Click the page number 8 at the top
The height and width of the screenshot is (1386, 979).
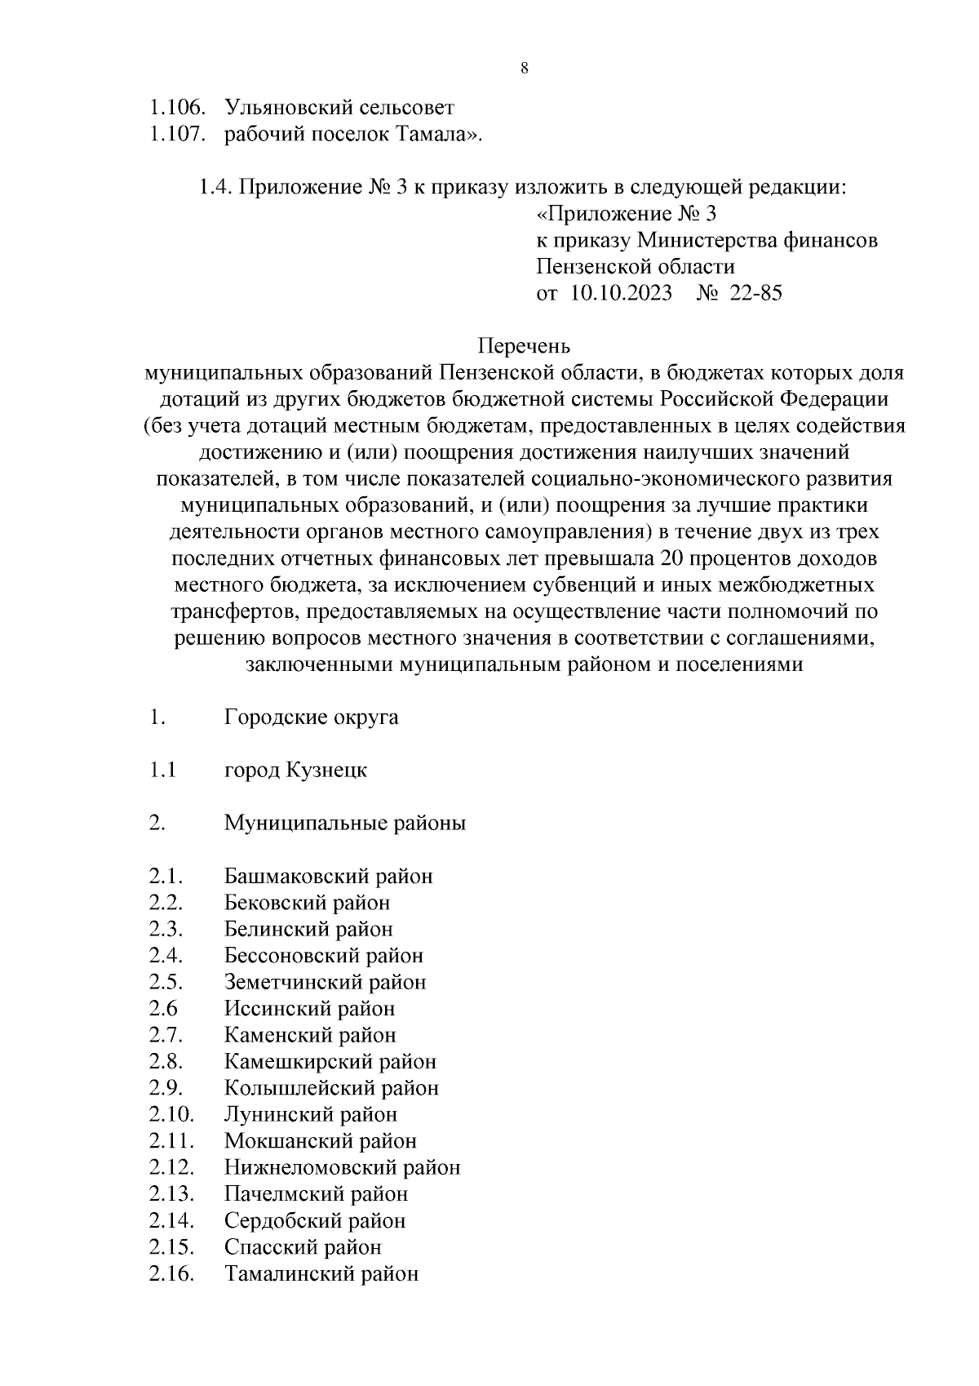pyautogui.click(x=524, y=69)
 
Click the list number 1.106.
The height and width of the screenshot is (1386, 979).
pyautogui.click(x=175, y=108)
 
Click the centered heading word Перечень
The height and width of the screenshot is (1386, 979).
pyautogui.click(x=524, y=346)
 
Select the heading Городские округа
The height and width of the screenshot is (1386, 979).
pyautogui.click(x=312, y=717)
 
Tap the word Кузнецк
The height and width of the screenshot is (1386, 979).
pyautogui.click(x=327, y=771)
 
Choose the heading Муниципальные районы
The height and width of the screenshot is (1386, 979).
pyautogui.click(x=345, y=824)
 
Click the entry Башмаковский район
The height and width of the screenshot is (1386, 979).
pyautogui.click(x=329, y=877)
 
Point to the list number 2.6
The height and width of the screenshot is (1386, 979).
pyautogui.click(x=163, y=1009)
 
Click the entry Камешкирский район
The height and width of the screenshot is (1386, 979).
pyautogui.click(x=330, y=1062)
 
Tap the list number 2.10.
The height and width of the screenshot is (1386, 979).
pyautogui.click(x=171, y=1115)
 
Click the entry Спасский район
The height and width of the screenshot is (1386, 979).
pyautogui.click(x=303, y=1247)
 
